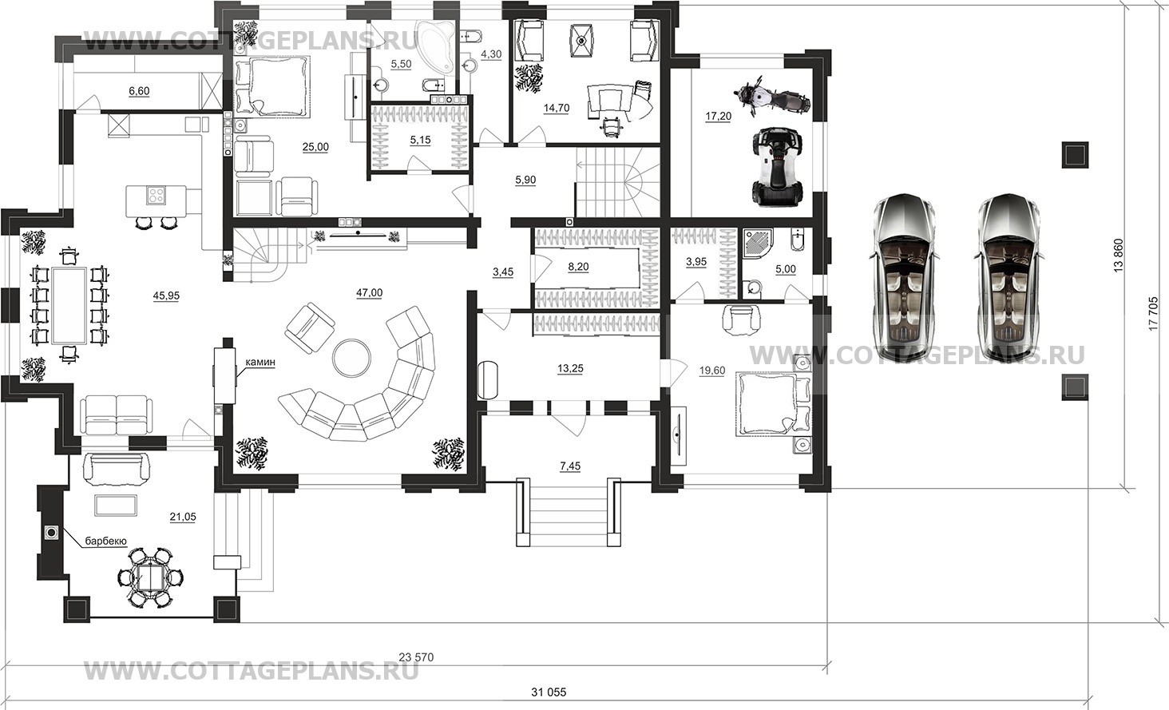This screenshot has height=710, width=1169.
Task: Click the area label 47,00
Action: (x=370, y=293)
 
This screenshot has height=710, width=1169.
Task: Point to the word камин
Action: (x=261, y=363)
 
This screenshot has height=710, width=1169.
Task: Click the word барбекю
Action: (x=106, y=541)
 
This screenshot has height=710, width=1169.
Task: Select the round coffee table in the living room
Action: (x=352, y=358)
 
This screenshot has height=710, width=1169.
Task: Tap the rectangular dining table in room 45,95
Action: (x=69, y=305)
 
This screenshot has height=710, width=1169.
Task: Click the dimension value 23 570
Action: (x=416, y=657)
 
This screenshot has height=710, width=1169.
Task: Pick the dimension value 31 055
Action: (x=549, y=692)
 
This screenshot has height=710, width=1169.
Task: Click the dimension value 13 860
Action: (x=1117, y=256)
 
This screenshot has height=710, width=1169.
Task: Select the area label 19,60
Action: (x=711, y=371)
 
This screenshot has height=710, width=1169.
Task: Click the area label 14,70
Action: (x=557, y=108)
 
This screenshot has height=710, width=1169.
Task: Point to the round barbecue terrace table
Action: (x=151, y=577)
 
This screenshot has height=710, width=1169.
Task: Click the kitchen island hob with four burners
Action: (x=156, y=195)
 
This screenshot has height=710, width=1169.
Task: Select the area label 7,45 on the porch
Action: (x=570, y=466)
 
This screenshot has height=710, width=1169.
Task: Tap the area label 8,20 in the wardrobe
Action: (x=578, y=267)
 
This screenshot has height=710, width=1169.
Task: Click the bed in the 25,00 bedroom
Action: (x=272, y=85)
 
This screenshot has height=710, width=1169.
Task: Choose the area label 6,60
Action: (x=139, y=91)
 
